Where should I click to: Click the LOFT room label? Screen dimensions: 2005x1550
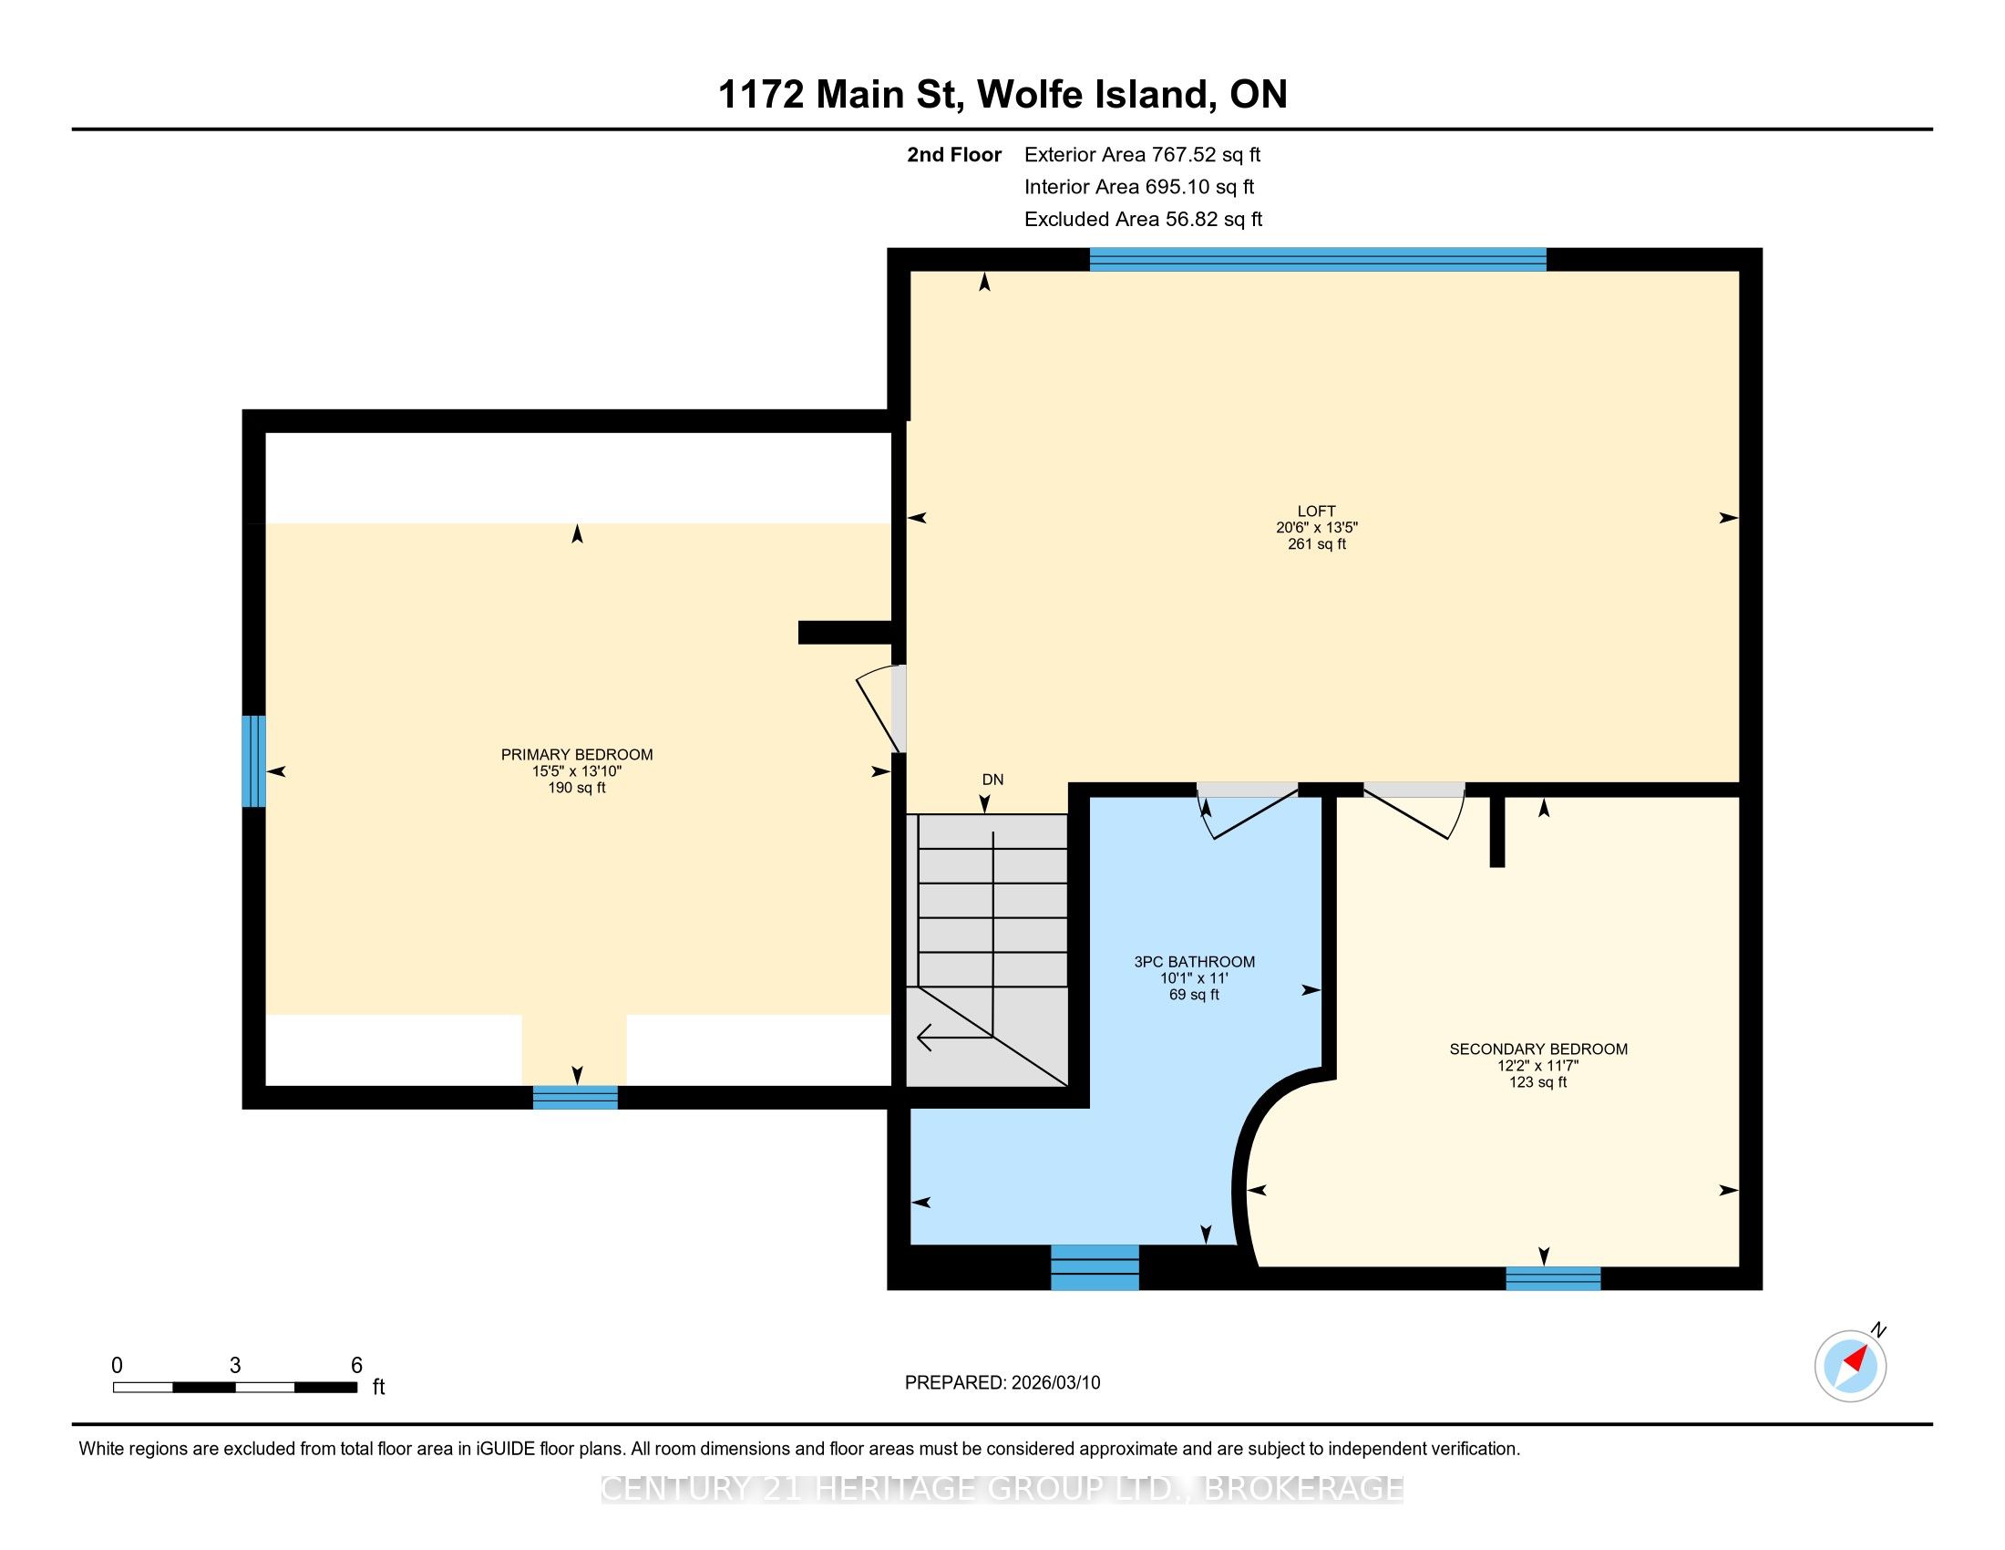1317,511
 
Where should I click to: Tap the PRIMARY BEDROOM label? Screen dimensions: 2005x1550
577,755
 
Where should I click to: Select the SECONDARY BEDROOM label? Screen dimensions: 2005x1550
1538,1049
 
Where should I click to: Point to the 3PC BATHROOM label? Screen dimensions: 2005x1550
1195,961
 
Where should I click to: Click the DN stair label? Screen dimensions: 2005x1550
992,780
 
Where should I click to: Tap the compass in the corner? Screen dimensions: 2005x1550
1851,1365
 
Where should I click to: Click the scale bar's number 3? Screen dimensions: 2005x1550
235,1366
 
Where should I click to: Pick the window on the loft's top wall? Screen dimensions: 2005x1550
1318,260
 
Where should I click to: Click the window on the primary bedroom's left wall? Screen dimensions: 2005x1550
253,761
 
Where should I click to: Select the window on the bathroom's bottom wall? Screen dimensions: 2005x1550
1095,1267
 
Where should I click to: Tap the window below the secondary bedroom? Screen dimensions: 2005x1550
1553,1278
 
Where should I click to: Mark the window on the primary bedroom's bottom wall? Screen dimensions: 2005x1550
576,1097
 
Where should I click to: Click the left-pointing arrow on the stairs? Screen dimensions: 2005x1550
956,1037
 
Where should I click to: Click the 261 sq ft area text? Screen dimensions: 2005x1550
1317,544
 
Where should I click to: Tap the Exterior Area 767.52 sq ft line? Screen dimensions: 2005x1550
1142,155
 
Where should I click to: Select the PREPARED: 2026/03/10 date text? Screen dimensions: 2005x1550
1002,1383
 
